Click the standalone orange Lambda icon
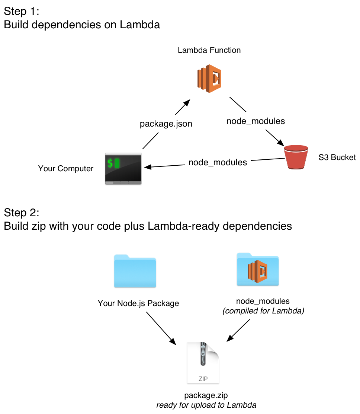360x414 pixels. point(209,79)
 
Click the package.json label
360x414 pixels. point(166,124)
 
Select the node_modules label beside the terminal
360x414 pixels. point(218,162)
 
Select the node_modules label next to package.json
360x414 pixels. point(255,121)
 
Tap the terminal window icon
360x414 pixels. point(123,168)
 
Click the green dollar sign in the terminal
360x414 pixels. point(110,163)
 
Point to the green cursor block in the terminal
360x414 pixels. point(117,163)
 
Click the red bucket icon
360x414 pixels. point(296,157)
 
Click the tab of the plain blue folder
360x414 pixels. point(121,256)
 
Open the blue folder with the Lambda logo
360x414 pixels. point(258,270)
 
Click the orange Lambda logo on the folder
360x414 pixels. point(258,272)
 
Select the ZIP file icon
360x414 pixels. point(203,363)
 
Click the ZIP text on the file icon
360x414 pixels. point(203,379)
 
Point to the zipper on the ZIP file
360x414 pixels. point(203,354)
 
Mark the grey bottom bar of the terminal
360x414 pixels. point(123,182)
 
